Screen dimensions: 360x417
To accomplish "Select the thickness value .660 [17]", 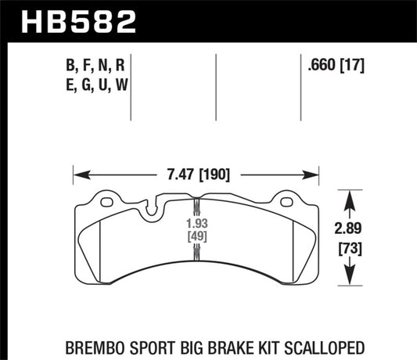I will [337, 67].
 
